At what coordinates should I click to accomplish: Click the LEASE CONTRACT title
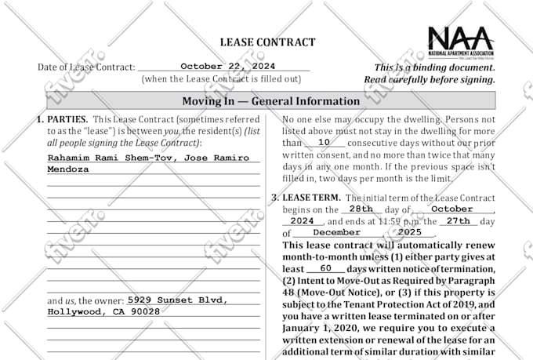(266, 42)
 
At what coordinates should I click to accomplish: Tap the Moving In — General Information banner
(270, 101)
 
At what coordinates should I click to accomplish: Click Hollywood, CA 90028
(103, 311)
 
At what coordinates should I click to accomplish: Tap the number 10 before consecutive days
(324, 143)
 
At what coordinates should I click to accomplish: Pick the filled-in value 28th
(361, 209)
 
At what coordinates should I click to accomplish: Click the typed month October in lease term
(452, 209)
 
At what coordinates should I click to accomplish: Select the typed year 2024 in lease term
(302, 221)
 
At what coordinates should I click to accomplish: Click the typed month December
(337, 233)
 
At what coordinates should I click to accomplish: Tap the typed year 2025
(409, 233)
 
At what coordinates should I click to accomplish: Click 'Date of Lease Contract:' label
(86, 67)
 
